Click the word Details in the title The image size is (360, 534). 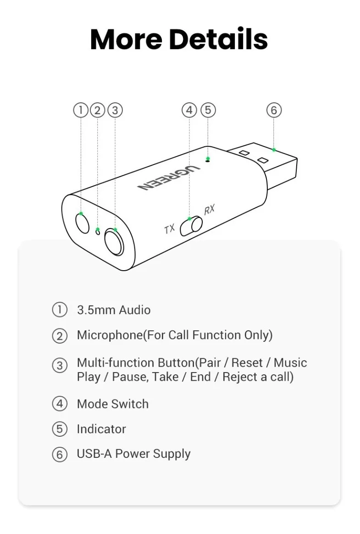218,39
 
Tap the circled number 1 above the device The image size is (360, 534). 81,110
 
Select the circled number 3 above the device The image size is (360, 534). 115,110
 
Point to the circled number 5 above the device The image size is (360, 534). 208,110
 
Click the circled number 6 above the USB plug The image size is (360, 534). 274,110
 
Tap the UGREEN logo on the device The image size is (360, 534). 168,178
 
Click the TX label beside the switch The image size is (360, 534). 169,229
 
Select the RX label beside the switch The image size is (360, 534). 210,210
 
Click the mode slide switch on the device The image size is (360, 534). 191,226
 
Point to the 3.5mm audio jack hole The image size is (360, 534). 82,223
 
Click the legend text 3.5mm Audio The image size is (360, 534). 114,310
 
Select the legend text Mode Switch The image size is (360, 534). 113,404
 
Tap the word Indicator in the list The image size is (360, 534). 101,429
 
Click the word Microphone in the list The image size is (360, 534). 110,335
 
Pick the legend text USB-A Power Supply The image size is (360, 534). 133,454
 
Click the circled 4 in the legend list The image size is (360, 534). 60,404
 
